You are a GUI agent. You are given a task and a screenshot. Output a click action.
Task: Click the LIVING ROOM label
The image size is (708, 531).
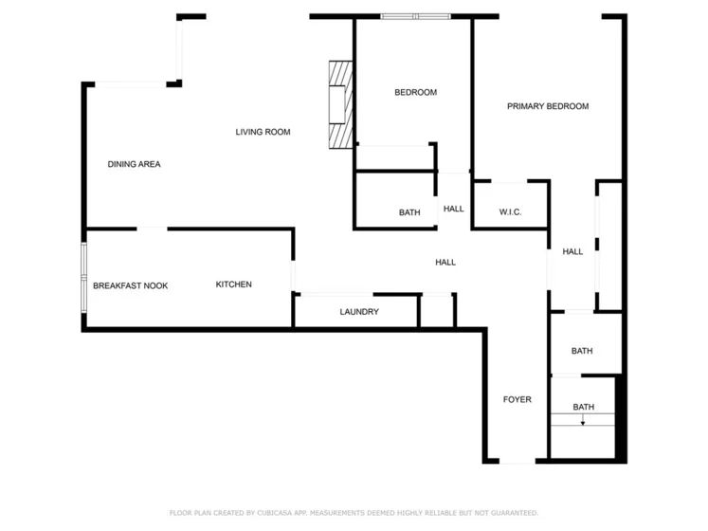[263, 132]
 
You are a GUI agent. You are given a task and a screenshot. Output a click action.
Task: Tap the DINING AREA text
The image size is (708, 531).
[134, 164]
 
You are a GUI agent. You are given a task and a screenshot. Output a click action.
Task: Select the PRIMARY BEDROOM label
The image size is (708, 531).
[548, 106]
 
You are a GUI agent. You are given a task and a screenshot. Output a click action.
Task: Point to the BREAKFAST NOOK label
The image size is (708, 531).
[131, 285]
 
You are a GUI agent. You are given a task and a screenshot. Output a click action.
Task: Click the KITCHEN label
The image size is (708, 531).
[234, 284]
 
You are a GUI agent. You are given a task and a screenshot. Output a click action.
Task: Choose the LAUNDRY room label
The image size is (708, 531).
[359, 312]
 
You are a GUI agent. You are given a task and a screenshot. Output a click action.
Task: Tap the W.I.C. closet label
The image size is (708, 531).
[510, 212]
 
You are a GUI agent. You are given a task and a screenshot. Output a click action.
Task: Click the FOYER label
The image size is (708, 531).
[517, 399]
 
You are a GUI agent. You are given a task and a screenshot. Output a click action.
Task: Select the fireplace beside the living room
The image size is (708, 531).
[340, 105]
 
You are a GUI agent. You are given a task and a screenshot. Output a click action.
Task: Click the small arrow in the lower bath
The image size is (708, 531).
[583, 420]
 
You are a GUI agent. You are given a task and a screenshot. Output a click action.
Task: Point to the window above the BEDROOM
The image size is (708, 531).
[415, 17]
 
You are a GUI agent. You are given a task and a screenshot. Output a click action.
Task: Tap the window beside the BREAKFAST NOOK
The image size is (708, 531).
[83, 277]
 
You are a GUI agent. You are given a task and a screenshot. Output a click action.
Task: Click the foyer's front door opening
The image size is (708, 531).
[517, 461]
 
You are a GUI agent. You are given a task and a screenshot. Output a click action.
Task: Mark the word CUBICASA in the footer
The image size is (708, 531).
[275, 513]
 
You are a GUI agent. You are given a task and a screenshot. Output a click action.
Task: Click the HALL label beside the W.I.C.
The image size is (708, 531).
[454, 209]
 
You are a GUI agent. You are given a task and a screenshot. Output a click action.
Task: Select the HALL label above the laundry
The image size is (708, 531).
[445, 262]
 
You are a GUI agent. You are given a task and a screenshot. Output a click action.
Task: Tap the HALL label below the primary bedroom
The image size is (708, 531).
[572, 251]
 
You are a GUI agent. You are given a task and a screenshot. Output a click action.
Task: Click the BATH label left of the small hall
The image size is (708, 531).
[409, 212]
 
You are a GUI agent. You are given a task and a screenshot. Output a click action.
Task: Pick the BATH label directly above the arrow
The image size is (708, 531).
[584, 407]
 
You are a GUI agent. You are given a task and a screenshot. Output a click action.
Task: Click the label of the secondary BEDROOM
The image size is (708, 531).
[416, 92]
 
